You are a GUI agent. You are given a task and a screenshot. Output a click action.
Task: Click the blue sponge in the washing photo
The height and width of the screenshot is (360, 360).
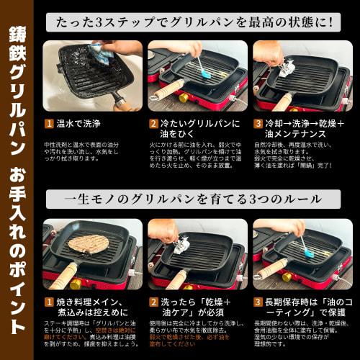(99, 51)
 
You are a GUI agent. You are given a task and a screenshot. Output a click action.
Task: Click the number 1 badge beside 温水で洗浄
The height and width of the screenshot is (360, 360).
(49, 124)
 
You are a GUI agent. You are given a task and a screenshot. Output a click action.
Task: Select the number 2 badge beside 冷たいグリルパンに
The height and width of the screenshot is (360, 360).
(153, 124)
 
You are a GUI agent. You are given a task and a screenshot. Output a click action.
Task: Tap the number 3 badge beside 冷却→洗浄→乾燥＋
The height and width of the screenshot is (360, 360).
(258, 124)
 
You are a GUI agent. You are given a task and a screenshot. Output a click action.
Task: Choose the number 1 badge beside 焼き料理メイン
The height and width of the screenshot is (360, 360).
(49, 303)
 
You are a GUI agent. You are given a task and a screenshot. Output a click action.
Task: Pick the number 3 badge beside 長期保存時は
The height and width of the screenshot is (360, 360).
(258, 303)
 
